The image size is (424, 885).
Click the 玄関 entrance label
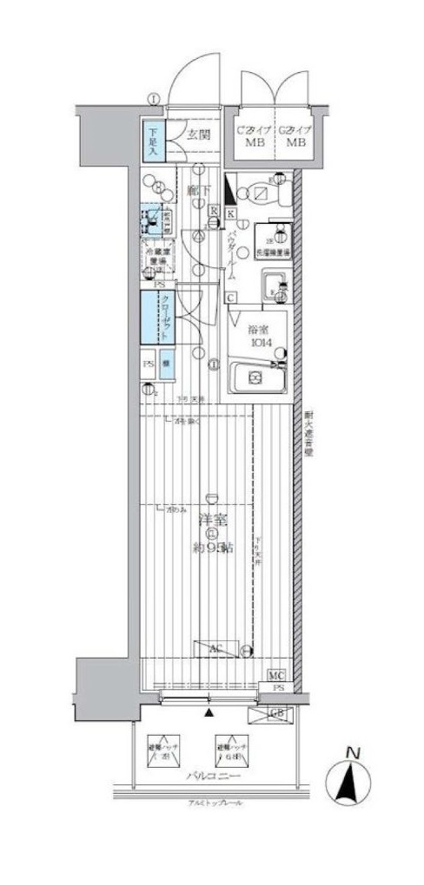[x=199, y=134]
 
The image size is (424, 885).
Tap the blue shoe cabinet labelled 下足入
[x=152, y=138]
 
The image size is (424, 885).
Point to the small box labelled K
[x=230, y=213]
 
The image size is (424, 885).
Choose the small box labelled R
[x=214, y=208]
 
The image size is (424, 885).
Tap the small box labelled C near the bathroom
[x=231, y=298]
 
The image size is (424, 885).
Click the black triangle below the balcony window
[x=209, y=714]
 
